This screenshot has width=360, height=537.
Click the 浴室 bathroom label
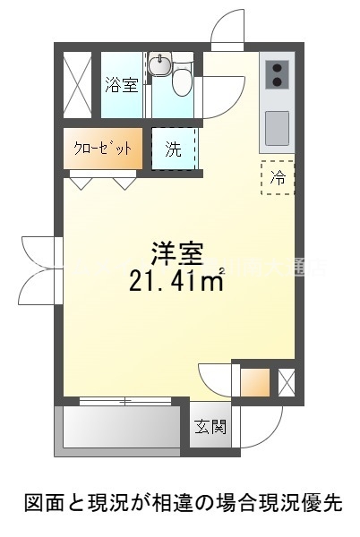(121, 85)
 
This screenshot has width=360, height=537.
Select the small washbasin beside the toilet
(161, 65)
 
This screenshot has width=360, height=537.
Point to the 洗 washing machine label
(172, 149)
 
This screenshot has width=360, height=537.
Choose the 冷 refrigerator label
(278, 176)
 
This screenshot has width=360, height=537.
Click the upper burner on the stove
(277, 68)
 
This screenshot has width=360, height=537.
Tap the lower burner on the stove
(277, 83)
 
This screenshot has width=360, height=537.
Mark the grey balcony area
(121, 429)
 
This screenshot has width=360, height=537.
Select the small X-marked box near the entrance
(287, 382)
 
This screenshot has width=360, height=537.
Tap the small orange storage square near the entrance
(254, 382)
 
